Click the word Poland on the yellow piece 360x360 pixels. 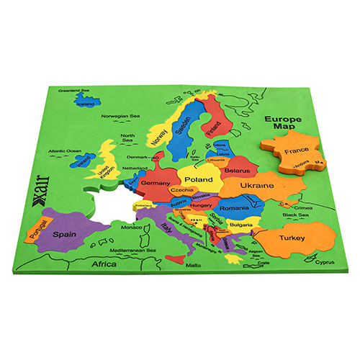(x=199, y=179)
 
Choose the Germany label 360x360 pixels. (x=156, y=184)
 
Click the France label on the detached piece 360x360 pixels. (x=296, y=152)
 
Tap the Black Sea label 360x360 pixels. (x=295, y=215)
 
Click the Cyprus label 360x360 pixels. (x=325, y=263)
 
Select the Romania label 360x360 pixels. (x=235, y=207)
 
